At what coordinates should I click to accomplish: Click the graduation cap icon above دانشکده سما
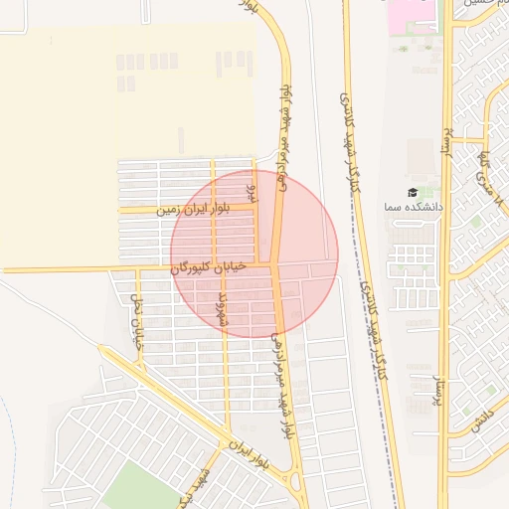(x=413, y=192)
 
